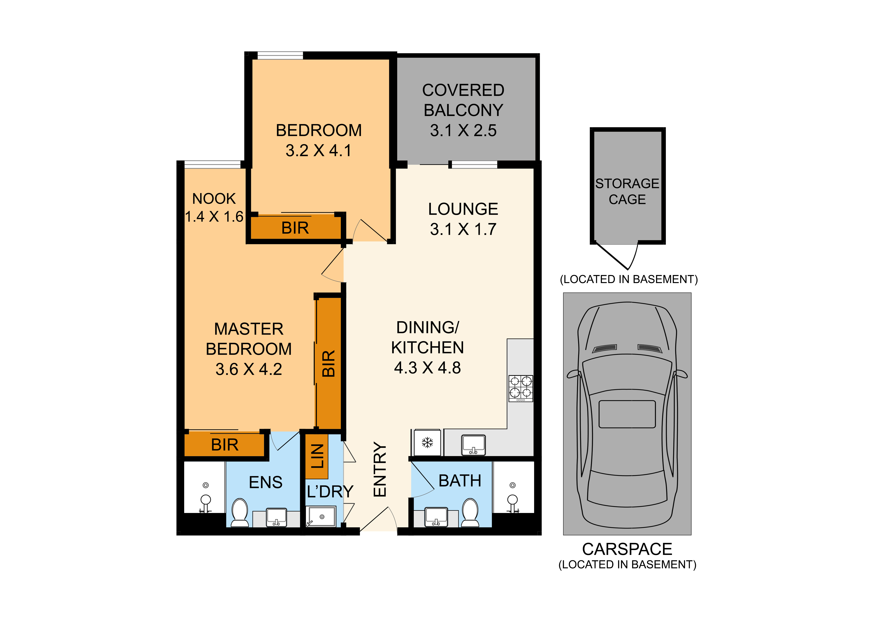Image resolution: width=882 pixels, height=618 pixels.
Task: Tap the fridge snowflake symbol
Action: pyautogui.click(x=427, y=443)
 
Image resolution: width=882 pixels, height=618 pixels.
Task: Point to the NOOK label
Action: pyautogui.click(x=214, y=199)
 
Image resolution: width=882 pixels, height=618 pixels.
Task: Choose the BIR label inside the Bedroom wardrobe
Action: pyautogui.click(x=295, y=228)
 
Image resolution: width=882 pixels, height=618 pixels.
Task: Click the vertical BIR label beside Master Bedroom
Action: pyautogui.click(x=328, y=363)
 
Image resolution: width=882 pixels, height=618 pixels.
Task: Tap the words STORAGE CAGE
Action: pyautogui.click(x=627, y=191)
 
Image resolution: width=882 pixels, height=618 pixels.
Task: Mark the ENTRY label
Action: pyautogui.click(x=380, y=470)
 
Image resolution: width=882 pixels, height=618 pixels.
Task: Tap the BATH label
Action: pyautogui.click(x=460, y=481)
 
